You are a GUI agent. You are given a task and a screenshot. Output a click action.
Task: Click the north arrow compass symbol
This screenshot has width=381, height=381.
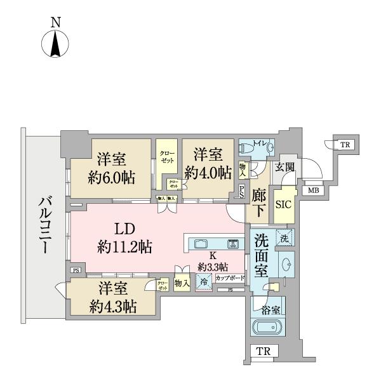click(55, 44)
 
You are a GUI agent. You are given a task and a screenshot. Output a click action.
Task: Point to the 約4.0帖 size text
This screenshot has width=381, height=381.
click(208, 173)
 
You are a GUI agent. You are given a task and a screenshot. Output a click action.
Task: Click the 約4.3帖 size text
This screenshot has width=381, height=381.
click(112, 307)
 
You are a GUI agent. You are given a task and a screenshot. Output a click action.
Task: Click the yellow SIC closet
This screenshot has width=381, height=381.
click(283, 204)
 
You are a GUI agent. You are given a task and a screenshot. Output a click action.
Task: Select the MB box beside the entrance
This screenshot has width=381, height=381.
click(313, 190)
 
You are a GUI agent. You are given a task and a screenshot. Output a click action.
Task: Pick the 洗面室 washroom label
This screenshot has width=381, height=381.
click(262, 255)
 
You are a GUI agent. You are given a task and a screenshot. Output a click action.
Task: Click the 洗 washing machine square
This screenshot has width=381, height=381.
click(285, 239)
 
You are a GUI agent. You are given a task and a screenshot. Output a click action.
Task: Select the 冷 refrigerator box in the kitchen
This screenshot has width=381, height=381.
click(204, 281)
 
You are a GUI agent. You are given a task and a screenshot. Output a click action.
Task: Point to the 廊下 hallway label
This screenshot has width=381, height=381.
click(258, 202)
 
